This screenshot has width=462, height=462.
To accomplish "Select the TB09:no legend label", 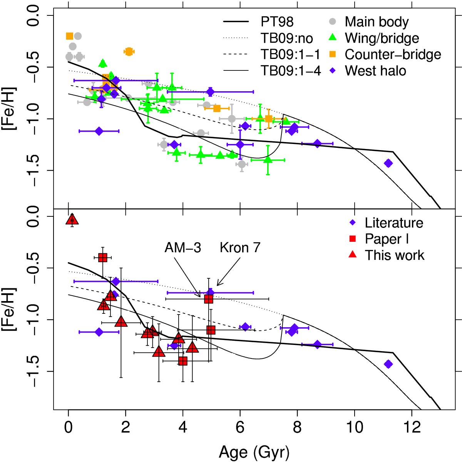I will pos(285,38).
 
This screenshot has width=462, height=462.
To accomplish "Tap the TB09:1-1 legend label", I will pos(290,54).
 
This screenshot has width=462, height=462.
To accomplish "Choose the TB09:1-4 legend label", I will pos(290,71).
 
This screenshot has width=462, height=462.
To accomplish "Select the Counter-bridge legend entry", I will pos(393,54).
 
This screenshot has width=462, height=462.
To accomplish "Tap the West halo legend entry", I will pos(375,71).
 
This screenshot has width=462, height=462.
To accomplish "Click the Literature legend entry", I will pos(394,223).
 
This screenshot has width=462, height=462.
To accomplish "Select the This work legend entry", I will pos(395,255).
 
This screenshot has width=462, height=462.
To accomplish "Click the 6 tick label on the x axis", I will pos(240,428).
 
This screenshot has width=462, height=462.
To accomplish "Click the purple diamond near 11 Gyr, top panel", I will pos(388,163).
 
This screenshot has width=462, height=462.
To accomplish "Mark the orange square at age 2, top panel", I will pos(129,51).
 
